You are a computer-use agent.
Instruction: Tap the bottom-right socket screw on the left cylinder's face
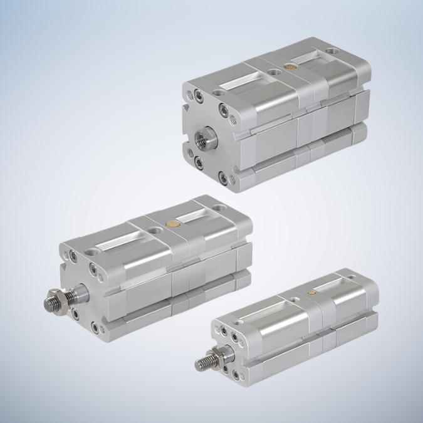coord(95,327)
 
